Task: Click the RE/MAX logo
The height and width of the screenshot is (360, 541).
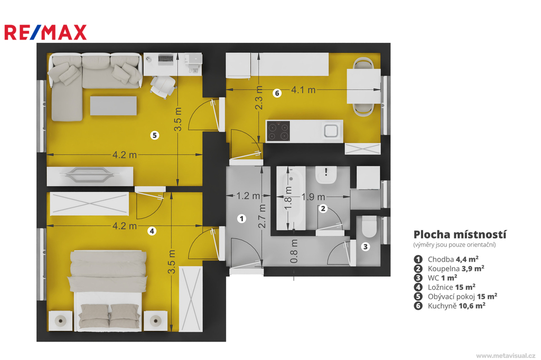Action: pos(45,32)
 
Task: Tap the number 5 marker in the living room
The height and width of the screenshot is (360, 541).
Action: pos(155,135)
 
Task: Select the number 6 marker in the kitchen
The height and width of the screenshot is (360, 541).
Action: pos(277,93)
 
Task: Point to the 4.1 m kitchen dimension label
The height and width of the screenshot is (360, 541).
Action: pos(303,90)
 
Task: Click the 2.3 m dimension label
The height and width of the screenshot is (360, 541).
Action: pos(258,98)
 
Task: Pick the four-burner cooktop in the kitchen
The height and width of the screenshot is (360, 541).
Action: pos(278,131)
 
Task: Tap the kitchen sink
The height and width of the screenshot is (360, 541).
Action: pos(331,131)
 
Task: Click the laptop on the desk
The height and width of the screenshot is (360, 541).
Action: pos(166,59)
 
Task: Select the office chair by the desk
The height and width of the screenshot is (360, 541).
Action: pos(163,86)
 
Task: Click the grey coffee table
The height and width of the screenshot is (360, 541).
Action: pos(113,106)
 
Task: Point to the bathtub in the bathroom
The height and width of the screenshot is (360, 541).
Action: pos(291,198)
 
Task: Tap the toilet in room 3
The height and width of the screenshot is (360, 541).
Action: pos(369,227)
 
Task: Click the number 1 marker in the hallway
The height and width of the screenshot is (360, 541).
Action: pos(241,219)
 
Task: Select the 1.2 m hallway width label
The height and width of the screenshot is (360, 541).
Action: pos(248,196)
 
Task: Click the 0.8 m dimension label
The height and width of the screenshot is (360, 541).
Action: pos(294,251)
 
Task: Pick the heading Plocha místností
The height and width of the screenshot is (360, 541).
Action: pos(460,234)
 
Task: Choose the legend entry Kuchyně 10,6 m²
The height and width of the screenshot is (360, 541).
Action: pos(450,306)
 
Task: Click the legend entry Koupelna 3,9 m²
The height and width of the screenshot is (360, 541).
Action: pos(449,268)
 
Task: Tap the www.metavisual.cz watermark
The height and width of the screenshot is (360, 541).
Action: pos(506,355)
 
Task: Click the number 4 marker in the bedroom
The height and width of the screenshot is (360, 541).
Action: pos(152,231)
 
